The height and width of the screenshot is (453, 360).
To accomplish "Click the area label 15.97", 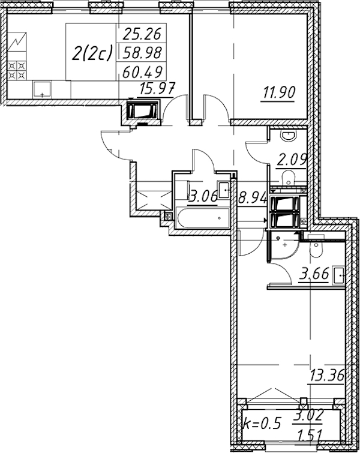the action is pos(157,89).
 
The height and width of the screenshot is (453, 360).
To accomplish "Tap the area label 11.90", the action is pos(278,93).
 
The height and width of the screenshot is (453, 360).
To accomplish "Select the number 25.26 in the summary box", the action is pos(141,34).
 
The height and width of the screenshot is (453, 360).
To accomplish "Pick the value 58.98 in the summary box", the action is pos(142,53).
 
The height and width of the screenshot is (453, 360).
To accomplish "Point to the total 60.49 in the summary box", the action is pos(142,71).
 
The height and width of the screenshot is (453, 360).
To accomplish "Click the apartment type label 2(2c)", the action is pos(91,54).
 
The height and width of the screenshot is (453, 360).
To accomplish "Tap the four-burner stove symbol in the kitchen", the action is pos(17,70).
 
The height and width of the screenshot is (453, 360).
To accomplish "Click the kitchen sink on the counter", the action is pos(42,89).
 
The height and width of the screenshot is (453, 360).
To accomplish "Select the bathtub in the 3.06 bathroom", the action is pos(203,218).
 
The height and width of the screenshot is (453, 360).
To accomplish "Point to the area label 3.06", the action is pos(203,197).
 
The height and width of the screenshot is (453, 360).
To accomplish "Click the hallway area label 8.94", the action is pos(252,198).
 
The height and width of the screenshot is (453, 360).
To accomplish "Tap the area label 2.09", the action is pos(292,160).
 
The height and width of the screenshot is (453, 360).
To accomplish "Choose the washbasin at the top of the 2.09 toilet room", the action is pos(289,136).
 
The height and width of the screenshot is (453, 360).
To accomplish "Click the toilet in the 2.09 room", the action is pos(288,178).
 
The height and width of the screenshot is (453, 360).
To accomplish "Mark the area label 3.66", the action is pos(314,274).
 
